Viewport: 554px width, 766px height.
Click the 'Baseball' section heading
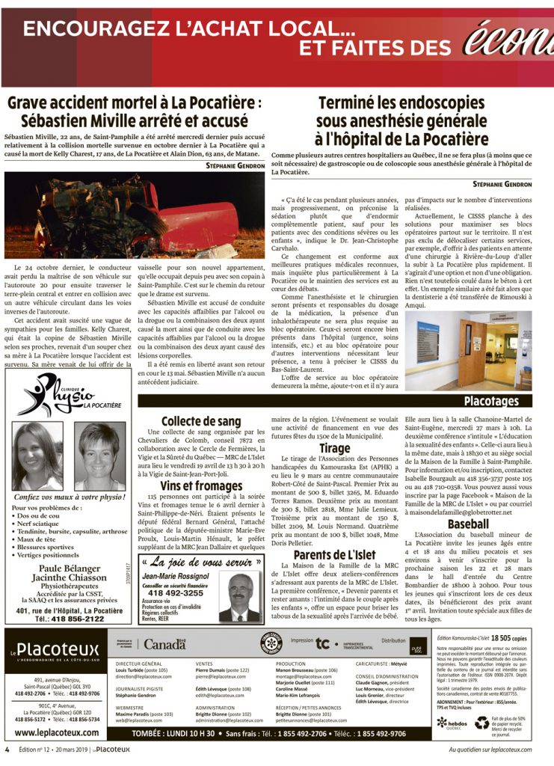(x=468, y=524)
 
